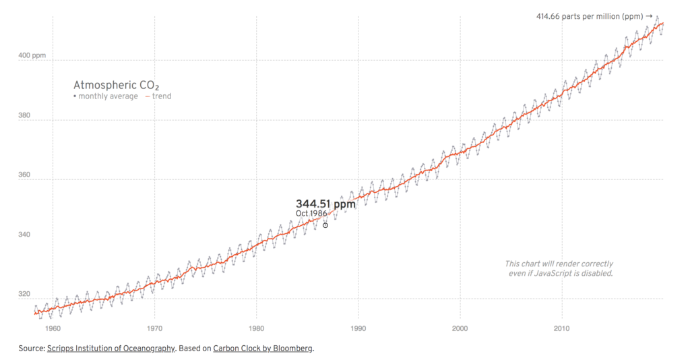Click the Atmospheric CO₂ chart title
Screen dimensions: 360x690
coord(117,86)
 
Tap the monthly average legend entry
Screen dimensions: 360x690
coord(106,96)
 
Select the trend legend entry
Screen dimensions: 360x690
coord(158,96)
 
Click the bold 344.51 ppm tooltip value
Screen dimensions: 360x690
coord(325,204)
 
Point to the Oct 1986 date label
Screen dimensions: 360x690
coord(311,214)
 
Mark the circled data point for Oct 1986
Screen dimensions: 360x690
coord(325,225)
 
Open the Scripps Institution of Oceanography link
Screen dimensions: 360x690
coord(111,349)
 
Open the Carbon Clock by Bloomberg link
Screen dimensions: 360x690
coord(263,349)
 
